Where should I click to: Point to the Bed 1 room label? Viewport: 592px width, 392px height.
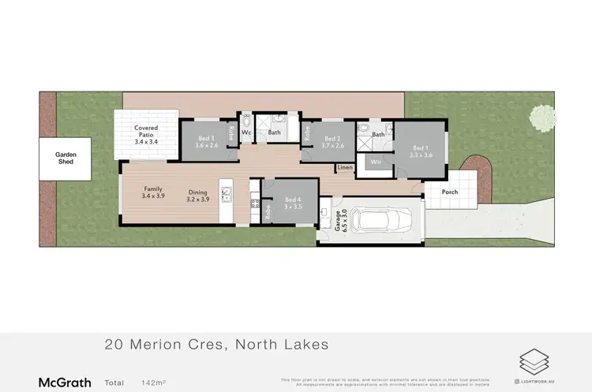click(422, 150)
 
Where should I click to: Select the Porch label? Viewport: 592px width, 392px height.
click(450, 192)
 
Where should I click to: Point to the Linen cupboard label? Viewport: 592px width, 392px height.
click(345, 168)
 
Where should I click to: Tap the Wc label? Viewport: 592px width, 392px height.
click(246, 133)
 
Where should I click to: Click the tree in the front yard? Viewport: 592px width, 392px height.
click(544, 118)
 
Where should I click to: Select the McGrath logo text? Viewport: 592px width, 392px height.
click(65, 383)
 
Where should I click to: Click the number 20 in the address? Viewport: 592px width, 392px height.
click(114, 344)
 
